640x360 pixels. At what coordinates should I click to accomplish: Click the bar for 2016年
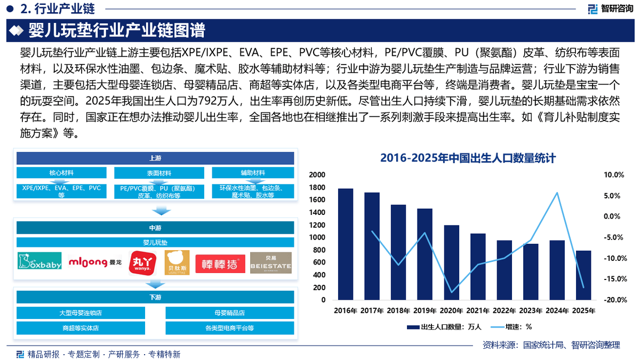346,244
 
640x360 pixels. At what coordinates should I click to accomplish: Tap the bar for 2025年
583,275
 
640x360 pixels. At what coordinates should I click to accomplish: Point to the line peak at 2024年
557,193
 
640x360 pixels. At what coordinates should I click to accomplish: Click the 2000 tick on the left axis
317,175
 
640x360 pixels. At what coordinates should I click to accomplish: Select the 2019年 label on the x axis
425,310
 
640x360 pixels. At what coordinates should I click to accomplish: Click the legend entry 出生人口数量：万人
444,327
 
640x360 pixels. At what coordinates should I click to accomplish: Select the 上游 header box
155,158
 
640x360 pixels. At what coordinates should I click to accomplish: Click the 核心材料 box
61,173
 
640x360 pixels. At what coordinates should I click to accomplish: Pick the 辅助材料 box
253,173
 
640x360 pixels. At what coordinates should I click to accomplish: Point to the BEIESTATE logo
271,262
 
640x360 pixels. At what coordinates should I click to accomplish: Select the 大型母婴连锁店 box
81,313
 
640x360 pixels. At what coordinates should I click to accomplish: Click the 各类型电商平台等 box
230,328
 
